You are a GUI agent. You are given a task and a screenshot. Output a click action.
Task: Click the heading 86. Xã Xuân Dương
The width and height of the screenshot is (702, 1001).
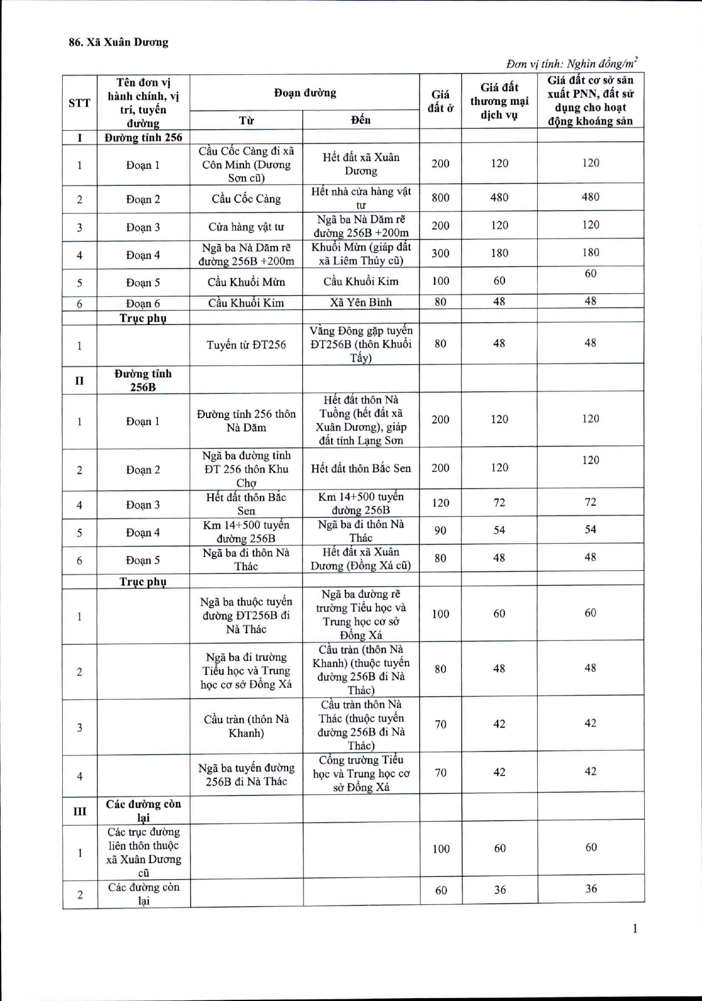pos(118,42)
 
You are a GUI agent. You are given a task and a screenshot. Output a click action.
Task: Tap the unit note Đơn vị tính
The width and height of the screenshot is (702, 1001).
pos(572,63)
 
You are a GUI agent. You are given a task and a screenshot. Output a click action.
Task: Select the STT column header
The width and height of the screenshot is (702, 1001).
pos(79,103)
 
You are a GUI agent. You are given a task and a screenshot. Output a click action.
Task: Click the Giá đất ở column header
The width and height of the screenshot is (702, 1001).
pos(440,101)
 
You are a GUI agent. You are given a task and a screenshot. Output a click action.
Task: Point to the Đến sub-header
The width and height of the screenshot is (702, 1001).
pos(361,120)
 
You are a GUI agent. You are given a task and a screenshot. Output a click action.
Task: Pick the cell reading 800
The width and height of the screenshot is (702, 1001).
pos(440,197)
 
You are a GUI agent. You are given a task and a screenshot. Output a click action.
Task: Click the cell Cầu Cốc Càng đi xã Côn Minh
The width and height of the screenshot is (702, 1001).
pos(246,164)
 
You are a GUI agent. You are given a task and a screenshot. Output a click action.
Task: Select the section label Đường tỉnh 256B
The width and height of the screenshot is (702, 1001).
pos(143,380)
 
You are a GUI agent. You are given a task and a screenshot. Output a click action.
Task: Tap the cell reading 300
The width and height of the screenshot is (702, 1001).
pos(440,253)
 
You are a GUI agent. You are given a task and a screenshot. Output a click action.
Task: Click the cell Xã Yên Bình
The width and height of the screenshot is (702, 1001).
pos(361,302)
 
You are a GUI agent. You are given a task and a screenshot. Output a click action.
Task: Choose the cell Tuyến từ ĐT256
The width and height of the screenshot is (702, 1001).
pos(246,344)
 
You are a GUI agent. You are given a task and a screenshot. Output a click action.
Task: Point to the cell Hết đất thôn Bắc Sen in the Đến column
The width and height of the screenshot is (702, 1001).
pos(361,468)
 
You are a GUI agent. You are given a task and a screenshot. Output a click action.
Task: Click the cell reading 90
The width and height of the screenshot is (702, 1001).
pos(440,530)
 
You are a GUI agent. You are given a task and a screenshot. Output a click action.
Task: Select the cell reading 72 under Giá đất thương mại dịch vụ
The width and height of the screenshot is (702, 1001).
pos(499,502)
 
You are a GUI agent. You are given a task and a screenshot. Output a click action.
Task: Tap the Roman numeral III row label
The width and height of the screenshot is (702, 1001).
pos(80,811)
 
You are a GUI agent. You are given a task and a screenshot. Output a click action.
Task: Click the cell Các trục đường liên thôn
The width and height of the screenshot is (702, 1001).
pos(143,852)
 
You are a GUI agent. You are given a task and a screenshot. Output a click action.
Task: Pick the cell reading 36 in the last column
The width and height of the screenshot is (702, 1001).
pos(591,889)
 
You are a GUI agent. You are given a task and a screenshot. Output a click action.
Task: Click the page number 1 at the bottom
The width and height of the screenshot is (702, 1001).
pos(635,928)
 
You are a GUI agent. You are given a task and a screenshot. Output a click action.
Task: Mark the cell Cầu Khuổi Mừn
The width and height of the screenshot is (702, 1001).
pos(246,282)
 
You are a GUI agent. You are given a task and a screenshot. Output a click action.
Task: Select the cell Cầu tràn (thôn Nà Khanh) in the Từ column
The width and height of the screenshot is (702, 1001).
pos(246,726)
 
